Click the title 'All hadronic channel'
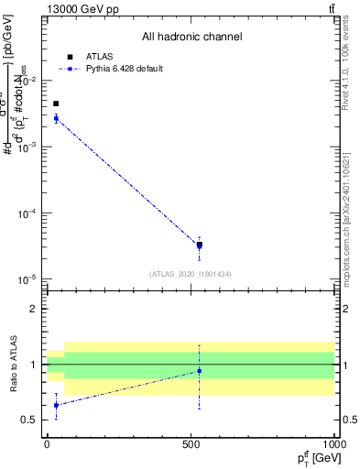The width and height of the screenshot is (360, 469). [x=191, y=37]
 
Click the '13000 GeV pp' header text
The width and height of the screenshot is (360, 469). [x=81, y=9]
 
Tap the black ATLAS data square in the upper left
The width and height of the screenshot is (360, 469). [x=56, y=104]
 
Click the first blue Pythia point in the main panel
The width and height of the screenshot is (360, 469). [x=56, y=118]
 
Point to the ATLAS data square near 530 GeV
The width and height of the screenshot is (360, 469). [x=200, y=245]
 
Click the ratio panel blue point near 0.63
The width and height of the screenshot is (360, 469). [x=56, y=405]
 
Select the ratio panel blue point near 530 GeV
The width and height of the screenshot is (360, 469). [x=200, y=371]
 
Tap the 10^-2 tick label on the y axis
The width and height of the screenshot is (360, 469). [x=29, y=81]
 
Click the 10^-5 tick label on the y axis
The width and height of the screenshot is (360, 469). [x=29, y=279]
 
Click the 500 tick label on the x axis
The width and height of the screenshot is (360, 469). [x=191, y=443]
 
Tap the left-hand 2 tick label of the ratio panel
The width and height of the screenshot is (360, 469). [x=36, y=309]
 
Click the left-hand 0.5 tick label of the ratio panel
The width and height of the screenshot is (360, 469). [x=32, y=420]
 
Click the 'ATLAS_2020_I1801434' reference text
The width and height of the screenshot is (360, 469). [x=191, y=274]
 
